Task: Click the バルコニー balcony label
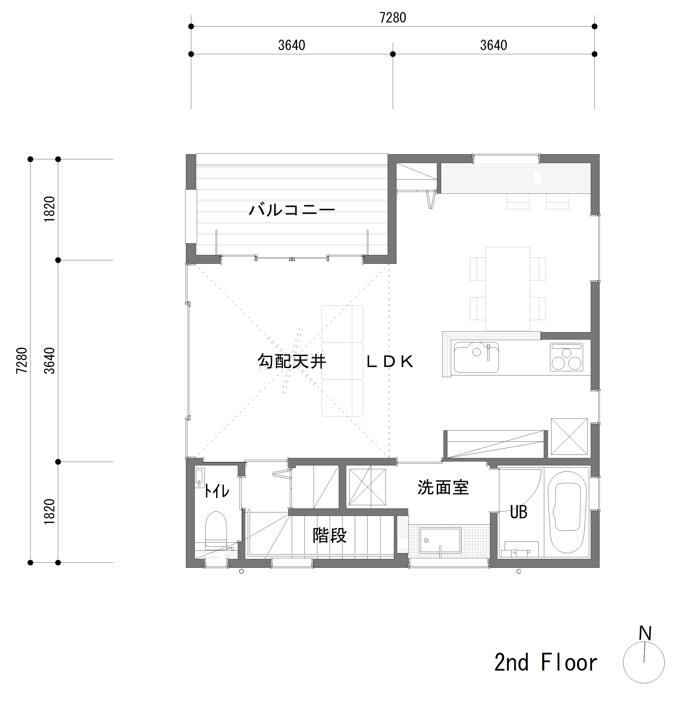tap(292, 210)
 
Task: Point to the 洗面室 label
tap(443, 488)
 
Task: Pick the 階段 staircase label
tap(329, 535)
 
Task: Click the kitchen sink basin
tap(476, 357)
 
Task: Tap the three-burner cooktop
tap(566, 357)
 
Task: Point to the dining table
tap(507, 288)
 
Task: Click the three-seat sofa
tap(342, 361)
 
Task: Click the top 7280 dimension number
tap(393, 18)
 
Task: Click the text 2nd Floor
tap(546, 662)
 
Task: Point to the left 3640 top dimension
tap(292, 45)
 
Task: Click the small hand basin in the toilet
tap(199, 479)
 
